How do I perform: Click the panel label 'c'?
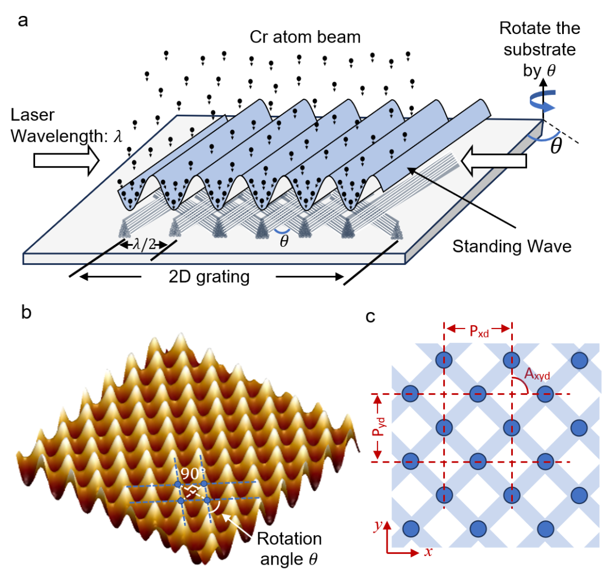click(x=371, y=316)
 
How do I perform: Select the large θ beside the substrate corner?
click(x=556, y=145)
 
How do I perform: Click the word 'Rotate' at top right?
click(x=521, y=28)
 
